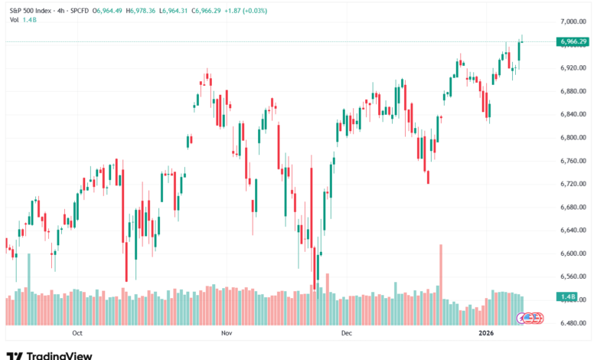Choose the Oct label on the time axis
click(x=77, y=333)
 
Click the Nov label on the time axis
click(x=226, y=333)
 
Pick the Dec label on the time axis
click(x=346, y=333)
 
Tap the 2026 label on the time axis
click(x=487, y=333)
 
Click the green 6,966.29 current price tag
click(x=573, y=41)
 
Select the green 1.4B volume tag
click(x=568, y=296)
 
